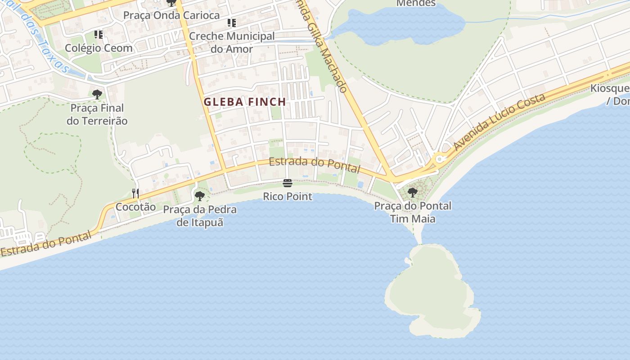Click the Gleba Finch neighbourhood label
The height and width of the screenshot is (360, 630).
tap(245, 102)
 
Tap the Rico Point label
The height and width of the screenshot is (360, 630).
tap(288, 197)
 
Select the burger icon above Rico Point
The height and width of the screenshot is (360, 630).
tap(288, 183)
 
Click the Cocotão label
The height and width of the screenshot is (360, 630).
tap(135, 207)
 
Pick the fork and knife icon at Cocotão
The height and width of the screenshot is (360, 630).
tap(135, 193)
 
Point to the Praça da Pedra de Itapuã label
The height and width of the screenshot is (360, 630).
tap(200, 216)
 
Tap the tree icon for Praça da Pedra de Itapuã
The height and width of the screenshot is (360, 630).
tap(200, 196)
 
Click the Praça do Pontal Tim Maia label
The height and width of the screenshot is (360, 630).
tap(413, 212)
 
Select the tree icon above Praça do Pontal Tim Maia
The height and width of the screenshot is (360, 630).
tap(412, 193)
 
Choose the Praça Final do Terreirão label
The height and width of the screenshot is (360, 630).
tap(97, 115)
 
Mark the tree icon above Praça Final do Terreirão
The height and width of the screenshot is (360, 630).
tap(97, 94)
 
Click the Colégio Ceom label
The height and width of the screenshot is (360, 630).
tap(99, 48)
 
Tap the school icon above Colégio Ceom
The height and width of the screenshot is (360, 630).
tap(99, 35)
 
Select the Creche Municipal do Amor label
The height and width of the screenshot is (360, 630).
tap(232, 42)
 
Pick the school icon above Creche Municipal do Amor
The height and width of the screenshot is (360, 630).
tap(232, 23)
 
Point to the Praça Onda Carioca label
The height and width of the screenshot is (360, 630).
tap(171, 15)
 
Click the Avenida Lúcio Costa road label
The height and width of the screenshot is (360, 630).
tap(499, 122)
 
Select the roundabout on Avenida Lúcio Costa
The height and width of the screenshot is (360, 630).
tap(440, 159)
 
